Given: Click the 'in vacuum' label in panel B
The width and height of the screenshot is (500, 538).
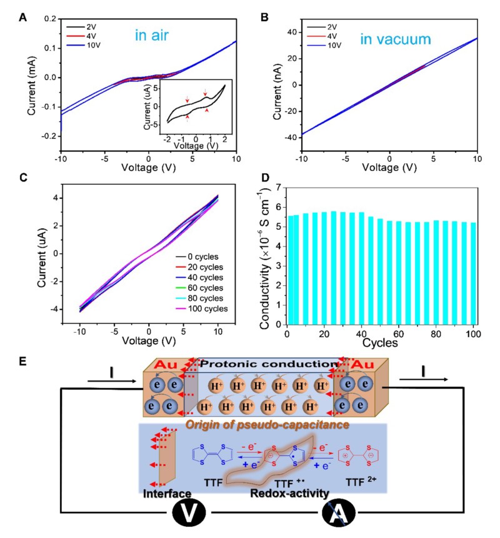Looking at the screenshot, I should tap(396, 41).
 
